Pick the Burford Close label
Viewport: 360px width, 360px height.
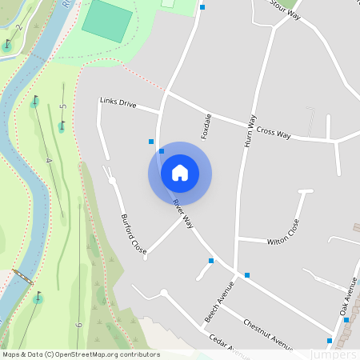pos(134,233)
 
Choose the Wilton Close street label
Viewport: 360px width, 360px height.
pos(283,231)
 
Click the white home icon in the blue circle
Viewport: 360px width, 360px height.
pos(180,173)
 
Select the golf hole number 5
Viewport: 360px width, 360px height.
pos(62,106)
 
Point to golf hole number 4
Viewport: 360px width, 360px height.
pos(48,161)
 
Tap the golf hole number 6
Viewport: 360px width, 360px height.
pos(78,326)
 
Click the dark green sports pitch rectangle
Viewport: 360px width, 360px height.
pos(104,20)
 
